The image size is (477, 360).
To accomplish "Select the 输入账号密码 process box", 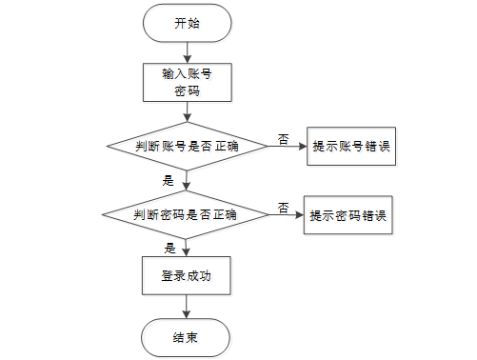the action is tap(188, 83).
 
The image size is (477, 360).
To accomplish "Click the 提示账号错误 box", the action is tap(351, 147).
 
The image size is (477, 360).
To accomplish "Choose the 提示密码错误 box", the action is tap(348, 215).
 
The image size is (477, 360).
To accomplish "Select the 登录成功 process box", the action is tap(187, 276).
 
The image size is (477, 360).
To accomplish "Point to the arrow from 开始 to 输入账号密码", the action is tap(188, 52).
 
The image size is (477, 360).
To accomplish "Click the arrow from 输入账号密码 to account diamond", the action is tap(188, 111).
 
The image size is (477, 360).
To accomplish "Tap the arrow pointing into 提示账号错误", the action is tap(288, 147).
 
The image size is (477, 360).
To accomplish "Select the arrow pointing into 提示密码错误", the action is tap(287, 215).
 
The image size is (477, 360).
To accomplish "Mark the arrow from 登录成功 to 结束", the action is tap(187, 307).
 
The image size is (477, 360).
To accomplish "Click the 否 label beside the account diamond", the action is tap(284, 139).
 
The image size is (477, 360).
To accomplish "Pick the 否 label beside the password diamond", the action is tap(284, 208).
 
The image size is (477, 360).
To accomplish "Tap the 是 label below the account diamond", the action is tap(169, 181).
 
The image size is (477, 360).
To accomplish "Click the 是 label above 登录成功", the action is tap(170, 249).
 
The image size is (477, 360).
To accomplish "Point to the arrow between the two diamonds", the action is tap(187, 181).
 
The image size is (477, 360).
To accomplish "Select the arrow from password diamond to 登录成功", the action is tap(186, 248).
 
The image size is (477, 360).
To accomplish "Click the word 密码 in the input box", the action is tap(188, 91).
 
